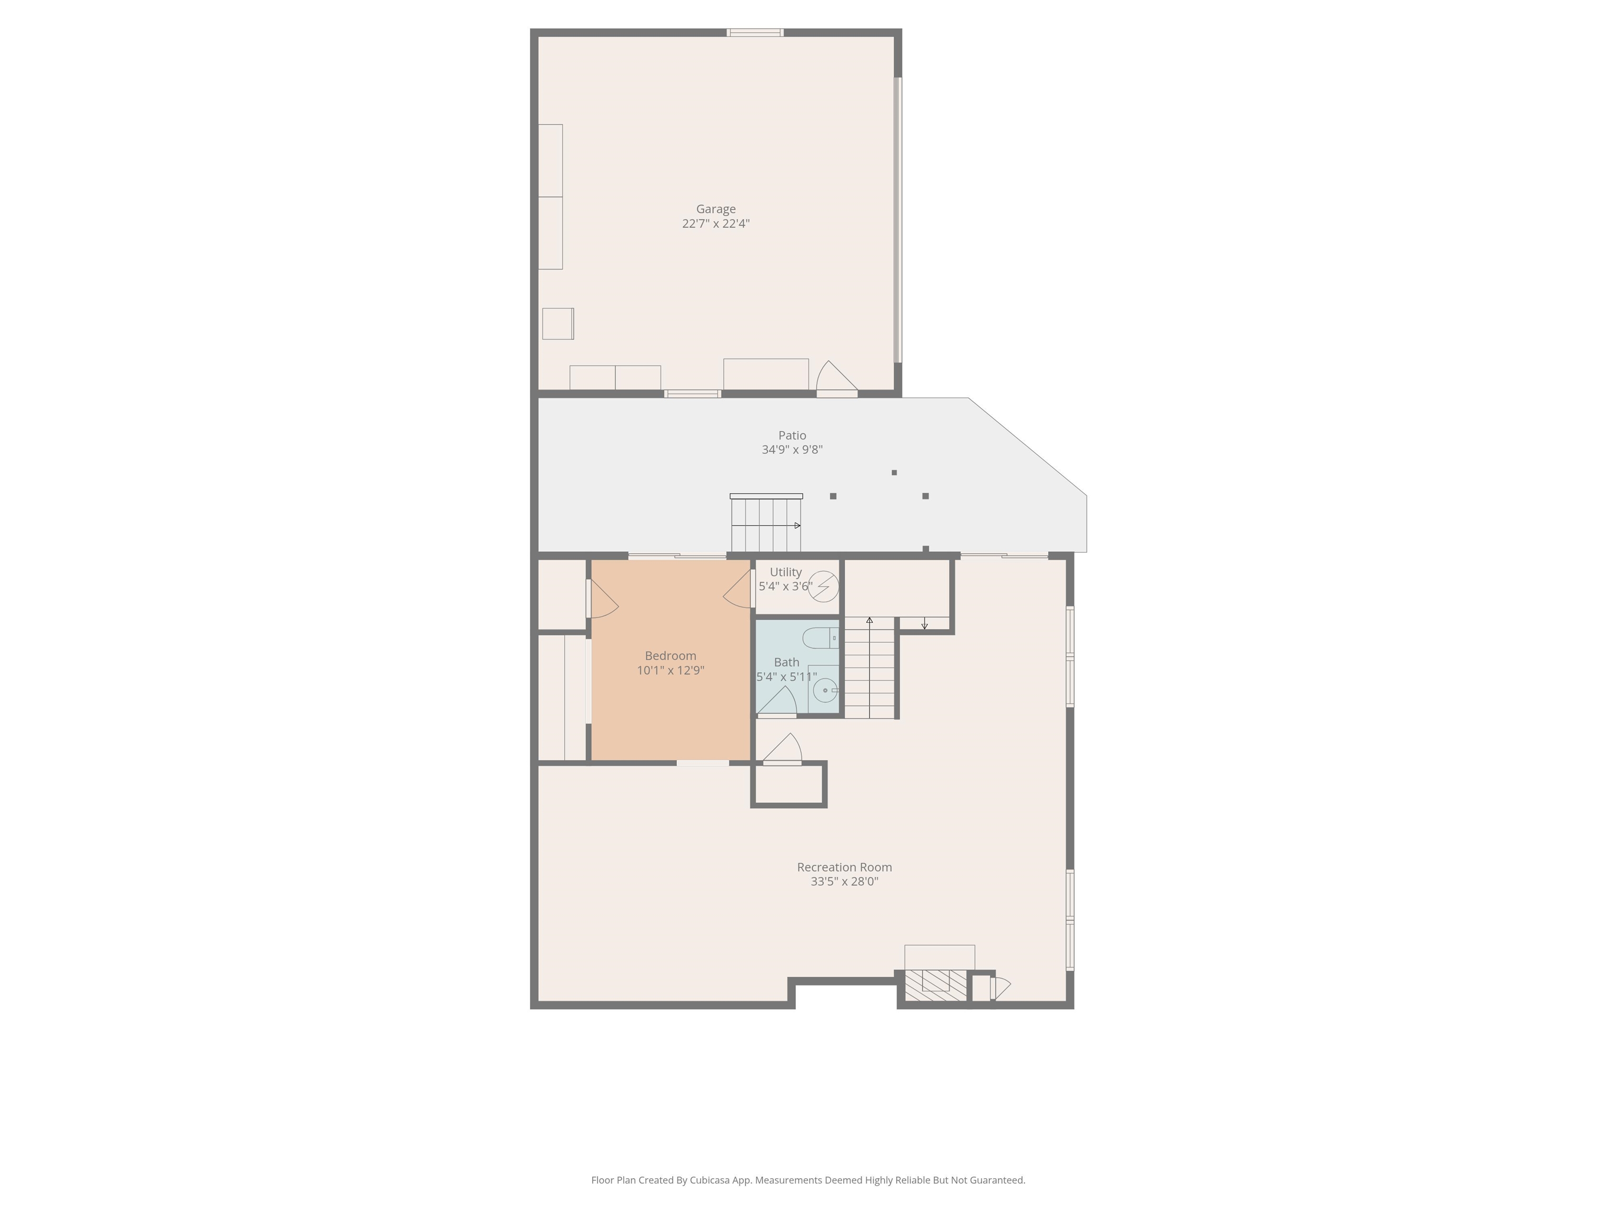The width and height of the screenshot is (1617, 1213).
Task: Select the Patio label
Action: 792,435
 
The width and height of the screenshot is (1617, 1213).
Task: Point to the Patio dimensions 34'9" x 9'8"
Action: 792,450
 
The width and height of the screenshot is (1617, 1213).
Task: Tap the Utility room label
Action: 785,572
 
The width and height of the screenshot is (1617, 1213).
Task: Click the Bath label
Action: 786,662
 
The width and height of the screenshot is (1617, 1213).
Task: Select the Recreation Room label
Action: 844,867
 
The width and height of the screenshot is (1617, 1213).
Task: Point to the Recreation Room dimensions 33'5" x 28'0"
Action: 844,882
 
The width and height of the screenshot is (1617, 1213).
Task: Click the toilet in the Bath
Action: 820,638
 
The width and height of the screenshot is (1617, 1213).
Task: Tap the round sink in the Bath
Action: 825,690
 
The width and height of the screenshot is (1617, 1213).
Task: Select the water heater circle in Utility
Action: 824,586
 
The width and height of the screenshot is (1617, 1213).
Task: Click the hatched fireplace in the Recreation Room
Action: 936,986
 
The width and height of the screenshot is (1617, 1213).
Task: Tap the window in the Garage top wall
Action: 754,32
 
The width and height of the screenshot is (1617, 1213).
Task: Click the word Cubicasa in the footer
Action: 709,1180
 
